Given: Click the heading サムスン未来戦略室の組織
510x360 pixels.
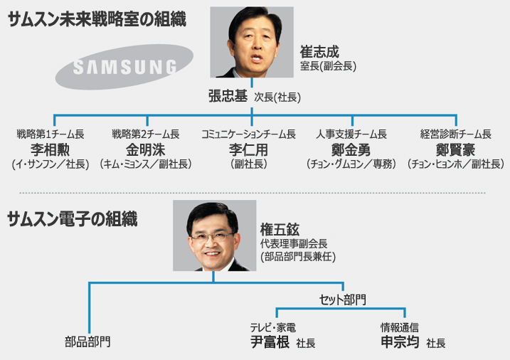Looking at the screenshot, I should click(97, 20).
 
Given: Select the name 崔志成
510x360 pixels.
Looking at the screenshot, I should click(320, 53).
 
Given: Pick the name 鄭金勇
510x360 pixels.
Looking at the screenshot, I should click(351, 149).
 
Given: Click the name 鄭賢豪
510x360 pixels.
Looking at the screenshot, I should click(456, 149).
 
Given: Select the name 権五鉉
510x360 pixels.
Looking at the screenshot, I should click(280, 229).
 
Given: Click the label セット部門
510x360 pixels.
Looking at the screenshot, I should click(342, 300).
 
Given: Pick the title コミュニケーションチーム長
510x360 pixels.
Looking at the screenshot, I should click(248, 134).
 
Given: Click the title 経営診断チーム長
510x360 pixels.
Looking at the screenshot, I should click(456, 134).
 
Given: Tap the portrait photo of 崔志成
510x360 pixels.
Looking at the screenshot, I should click(253, 42).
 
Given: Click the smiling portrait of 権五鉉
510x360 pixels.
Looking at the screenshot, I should click(214, 235).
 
